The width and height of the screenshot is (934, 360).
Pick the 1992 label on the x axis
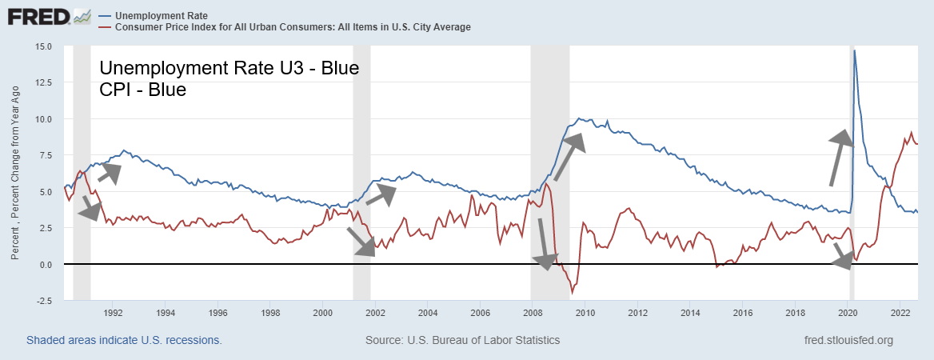[113, 312]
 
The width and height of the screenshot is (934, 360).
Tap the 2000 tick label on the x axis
[322, 312]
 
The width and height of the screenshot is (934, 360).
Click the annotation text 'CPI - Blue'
[142, 90]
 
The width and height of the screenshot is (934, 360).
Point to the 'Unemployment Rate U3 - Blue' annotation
[228, 68]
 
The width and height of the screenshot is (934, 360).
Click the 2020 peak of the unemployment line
[855, 50]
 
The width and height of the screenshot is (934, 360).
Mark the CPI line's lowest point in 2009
[572, 294]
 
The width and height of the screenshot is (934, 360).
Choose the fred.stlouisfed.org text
[848, 340]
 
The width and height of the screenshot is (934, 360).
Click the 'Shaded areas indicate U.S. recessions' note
[124, 340]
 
